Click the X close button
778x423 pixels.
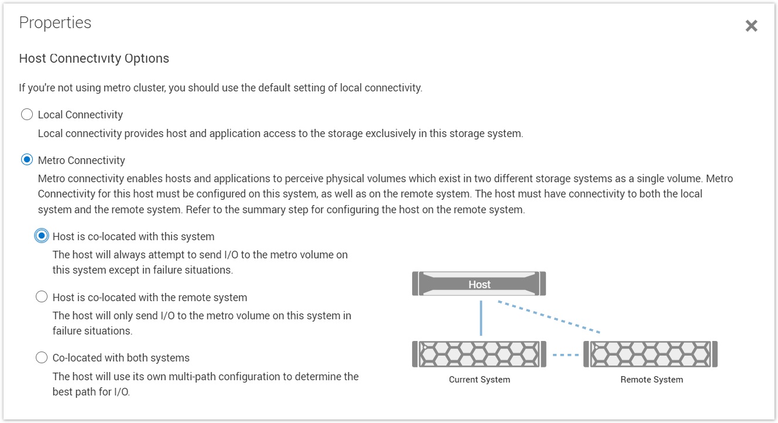click(x=751, y=26)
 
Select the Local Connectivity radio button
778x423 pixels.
click(x=27, y=114)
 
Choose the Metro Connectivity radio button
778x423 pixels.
click(x=27, y=160)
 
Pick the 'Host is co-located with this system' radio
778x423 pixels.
click(x=42, y=236)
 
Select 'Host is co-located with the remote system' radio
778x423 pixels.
click(x=42, y=297)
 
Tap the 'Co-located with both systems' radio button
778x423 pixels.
click(x=42, y=357)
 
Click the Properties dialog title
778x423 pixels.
click(x=55, y=23)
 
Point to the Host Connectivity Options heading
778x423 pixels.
click(x=94, y=59)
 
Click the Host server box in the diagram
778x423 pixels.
click(x=479, y=284)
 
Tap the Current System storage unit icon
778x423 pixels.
click(x=479, y=354)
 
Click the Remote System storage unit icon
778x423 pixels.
click(x=651, y=354)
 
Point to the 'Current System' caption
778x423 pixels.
click(x=479, y=380)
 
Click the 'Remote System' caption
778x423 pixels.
click(x=651, y=380)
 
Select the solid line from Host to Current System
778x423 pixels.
click(x=481, y=318)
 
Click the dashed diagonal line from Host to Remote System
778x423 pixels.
click(x=549, y=317)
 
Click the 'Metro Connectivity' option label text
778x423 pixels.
click(x=81, y=161)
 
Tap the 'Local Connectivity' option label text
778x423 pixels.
click(x=80, y=115)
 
